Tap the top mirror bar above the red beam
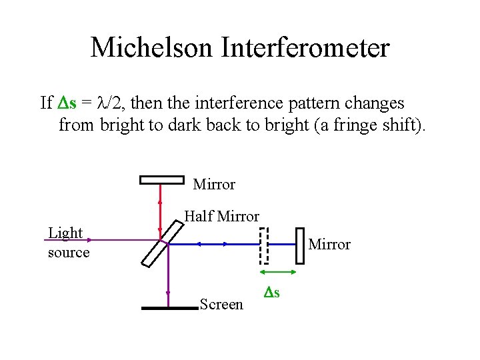coord(161,179)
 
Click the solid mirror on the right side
coord(299,245)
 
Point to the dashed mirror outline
coord(263,245)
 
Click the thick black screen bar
coord(169,308)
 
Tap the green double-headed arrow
coord(278,272)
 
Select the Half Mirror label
coord(221,216)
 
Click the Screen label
coord(221,305)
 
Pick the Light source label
coord(67,243)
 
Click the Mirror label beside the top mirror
coord(214,184)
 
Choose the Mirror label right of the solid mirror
coord(329,245)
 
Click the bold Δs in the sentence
coord(66,103)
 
